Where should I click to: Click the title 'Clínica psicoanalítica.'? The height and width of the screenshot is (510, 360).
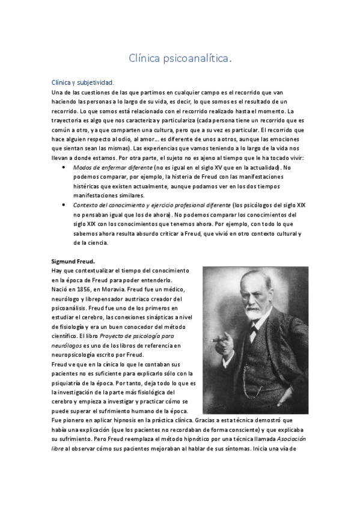click(180, 58)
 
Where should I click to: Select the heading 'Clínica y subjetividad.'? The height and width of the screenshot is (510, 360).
click(82, 83)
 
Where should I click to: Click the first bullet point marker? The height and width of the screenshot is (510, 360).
click(64, 167)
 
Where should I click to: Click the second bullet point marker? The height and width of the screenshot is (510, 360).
click(64, 205)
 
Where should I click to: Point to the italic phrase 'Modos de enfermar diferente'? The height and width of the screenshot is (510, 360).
click(112, 167)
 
